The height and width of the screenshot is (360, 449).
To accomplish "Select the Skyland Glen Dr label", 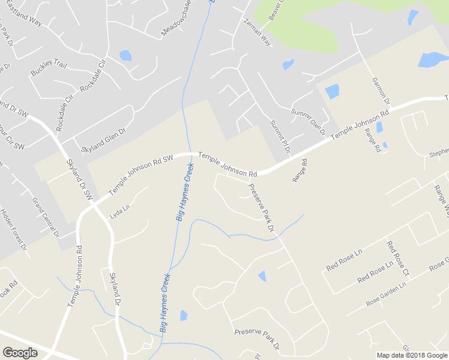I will click(x=103, y=139).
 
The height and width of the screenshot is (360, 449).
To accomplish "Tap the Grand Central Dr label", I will click(x=46, y=217).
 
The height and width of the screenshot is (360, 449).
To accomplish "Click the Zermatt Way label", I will click(x=258, y=32).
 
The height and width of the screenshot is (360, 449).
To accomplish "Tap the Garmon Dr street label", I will click(x=381, y=90).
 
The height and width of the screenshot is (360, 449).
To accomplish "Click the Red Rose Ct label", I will click(x=398, y=259).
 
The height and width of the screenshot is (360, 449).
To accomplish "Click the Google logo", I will click(x=20, y=353).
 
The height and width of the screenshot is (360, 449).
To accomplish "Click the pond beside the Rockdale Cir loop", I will click(x=125, y=56).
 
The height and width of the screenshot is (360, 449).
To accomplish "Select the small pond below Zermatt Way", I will click(x=288, y=64).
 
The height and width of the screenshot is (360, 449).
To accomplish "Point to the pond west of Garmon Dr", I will click(x=332, y=91).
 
